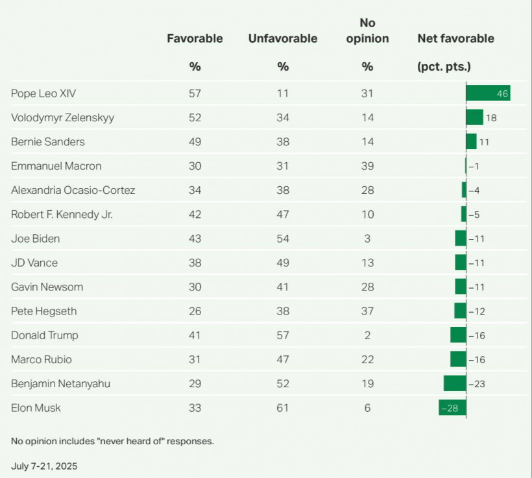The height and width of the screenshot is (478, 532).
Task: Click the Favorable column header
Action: (195, 38)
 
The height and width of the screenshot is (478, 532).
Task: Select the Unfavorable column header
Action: (283, 38)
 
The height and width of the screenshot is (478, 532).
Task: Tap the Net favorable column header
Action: (455, 38)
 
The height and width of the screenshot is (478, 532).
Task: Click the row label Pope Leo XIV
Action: (43, 93)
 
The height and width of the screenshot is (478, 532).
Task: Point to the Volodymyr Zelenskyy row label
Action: (62, 118)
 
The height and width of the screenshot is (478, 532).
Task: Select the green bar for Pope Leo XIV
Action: (489, 93)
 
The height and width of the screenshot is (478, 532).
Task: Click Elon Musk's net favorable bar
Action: (452, 407)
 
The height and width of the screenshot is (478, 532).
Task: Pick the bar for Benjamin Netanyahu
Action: (455, 383)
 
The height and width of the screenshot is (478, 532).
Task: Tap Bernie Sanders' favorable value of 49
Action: (195, 141)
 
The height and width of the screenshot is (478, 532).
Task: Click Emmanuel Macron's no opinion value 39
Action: (367, 166)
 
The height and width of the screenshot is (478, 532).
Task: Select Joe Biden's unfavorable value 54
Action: (283, 239)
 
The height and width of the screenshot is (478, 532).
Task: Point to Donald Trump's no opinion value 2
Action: (367, 335)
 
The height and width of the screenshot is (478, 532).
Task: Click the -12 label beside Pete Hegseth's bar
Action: (477, 311)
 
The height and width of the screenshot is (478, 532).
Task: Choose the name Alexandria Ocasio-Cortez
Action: (73, 190)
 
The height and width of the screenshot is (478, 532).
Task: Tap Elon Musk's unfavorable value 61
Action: (283, 407)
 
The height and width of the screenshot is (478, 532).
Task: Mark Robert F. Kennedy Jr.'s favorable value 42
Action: (195, 214)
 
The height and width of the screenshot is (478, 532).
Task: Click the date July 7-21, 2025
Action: (44, 466)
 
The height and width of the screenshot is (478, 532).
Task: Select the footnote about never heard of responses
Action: (112, 441)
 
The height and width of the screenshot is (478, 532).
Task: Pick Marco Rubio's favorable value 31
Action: (195, 359)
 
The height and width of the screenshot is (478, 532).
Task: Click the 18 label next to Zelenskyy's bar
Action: (491, 118)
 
